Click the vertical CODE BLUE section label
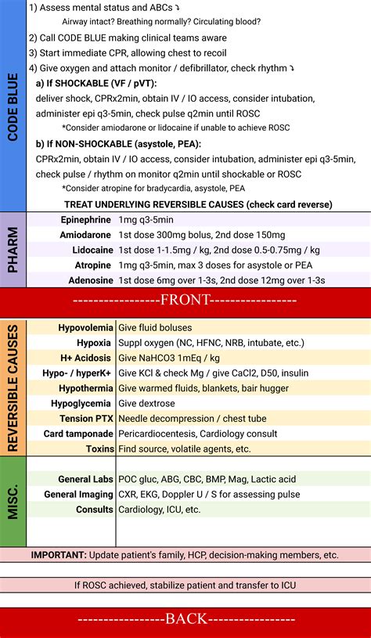click(x=13, y=105)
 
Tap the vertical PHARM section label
click(x=13, y=250)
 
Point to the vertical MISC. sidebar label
click(x=13, y=502)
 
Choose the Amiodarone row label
click(x=85, y=235)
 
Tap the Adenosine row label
click(x=87, y=279)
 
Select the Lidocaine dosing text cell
click(x=218, y=250)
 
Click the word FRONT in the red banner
click(x=185, y=300)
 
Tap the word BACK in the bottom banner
click(x=185, y=618)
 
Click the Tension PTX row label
click(x=87, y=419)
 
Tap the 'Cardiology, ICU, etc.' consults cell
click(x=159, y=509)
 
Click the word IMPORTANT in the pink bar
click(x=63, y=554)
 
